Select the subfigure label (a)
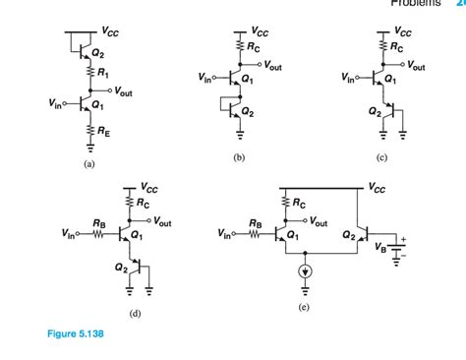coord(89,165)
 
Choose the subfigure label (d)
coord(134,313)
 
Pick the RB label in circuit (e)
coord(255,222)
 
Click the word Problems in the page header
coord(416,4)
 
